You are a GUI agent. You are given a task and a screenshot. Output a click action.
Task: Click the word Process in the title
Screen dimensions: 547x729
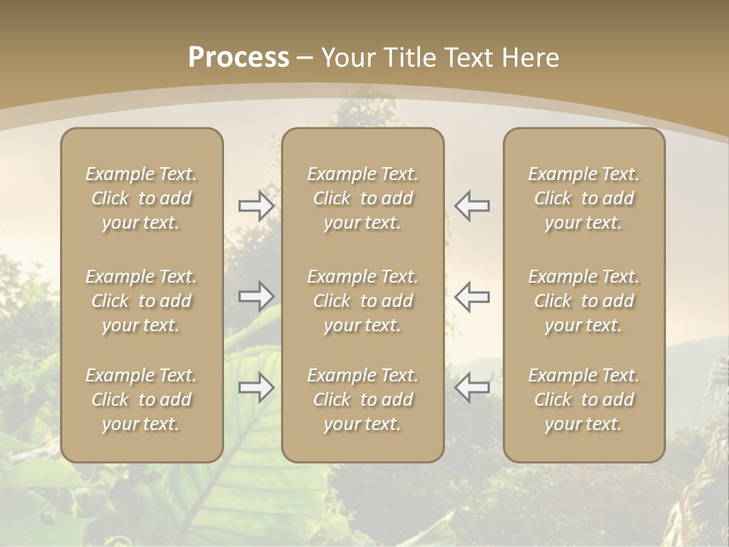pyautogui.click(x=238, y=58)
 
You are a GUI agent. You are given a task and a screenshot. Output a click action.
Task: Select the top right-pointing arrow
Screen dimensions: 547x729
pyautogui.click(x=256, y=206)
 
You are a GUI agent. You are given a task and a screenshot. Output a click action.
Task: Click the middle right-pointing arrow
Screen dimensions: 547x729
pyautogui.click(x=256, y=296)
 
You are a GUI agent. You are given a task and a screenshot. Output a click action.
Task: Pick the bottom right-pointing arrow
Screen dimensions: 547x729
pyautogui.click(x=256, y=387)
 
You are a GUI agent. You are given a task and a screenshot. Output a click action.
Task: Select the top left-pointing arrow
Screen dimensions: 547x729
pyautogui.click(x=472, y=206)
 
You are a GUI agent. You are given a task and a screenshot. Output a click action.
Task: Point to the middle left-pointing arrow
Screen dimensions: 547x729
pyautogui.click(x=472, y=296)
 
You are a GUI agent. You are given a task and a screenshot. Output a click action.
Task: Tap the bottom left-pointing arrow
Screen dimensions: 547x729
pyautogui.click(x=472, y=387)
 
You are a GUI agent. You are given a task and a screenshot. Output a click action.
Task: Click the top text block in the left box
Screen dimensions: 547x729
pyautogui.click(x=141, y=198)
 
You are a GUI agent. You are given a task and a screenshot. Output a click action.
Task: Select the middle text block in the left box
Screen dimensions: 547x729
pyautogui.click(x=141, y=301)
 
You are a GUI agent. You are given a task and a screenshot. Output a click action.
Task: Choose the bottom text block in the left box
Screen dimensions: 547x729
pyautogui.click(x=141, y=400)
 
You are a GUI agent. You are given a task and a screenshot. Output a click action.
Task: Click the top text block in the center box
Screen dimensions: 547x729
pyautogui.click(x=362, y=198)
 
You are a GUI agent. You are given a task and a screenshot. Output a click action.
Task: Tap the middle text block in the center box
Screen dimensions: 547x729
pyautogui.click(x=362, y=301)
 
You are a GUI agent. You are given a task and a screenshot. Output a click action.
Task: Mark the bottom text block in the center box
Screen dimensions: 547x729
pyautogui.click(x=362, y=400)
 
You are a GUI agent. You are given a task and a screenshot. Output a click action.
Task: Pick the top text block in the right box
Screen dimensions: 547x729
pyautogui.click(x=583, y=198)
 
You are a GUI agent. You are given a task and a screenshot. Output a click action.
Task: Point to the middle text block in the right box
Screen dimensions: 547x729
pyautogui.click(x=583, y=301)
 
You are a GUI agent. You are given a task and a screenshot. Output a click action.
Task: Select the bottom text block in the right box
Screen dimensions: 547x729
pyautogui.click(x=583, y=400)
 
